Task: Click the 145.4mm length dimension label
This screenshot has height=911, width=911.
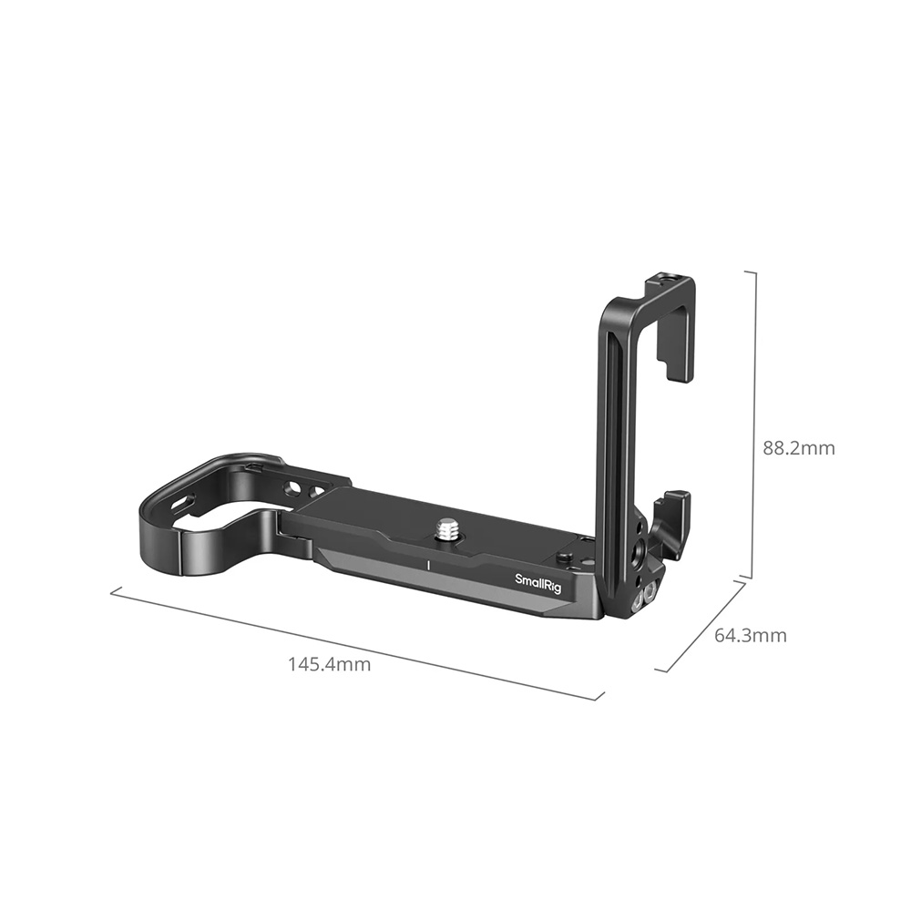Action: (x=330, y=664)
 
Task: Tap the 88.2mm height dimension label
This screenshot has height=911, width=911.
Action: (x=798, y=448)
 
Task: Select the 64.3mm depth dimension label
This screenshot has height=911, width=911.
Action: (x=749, y=635)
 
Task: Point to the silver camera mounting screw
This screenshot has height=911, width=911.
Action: (x=447, y=528)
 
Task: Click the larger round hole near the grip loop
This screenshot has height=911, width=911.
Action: (x=293, y=490)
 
